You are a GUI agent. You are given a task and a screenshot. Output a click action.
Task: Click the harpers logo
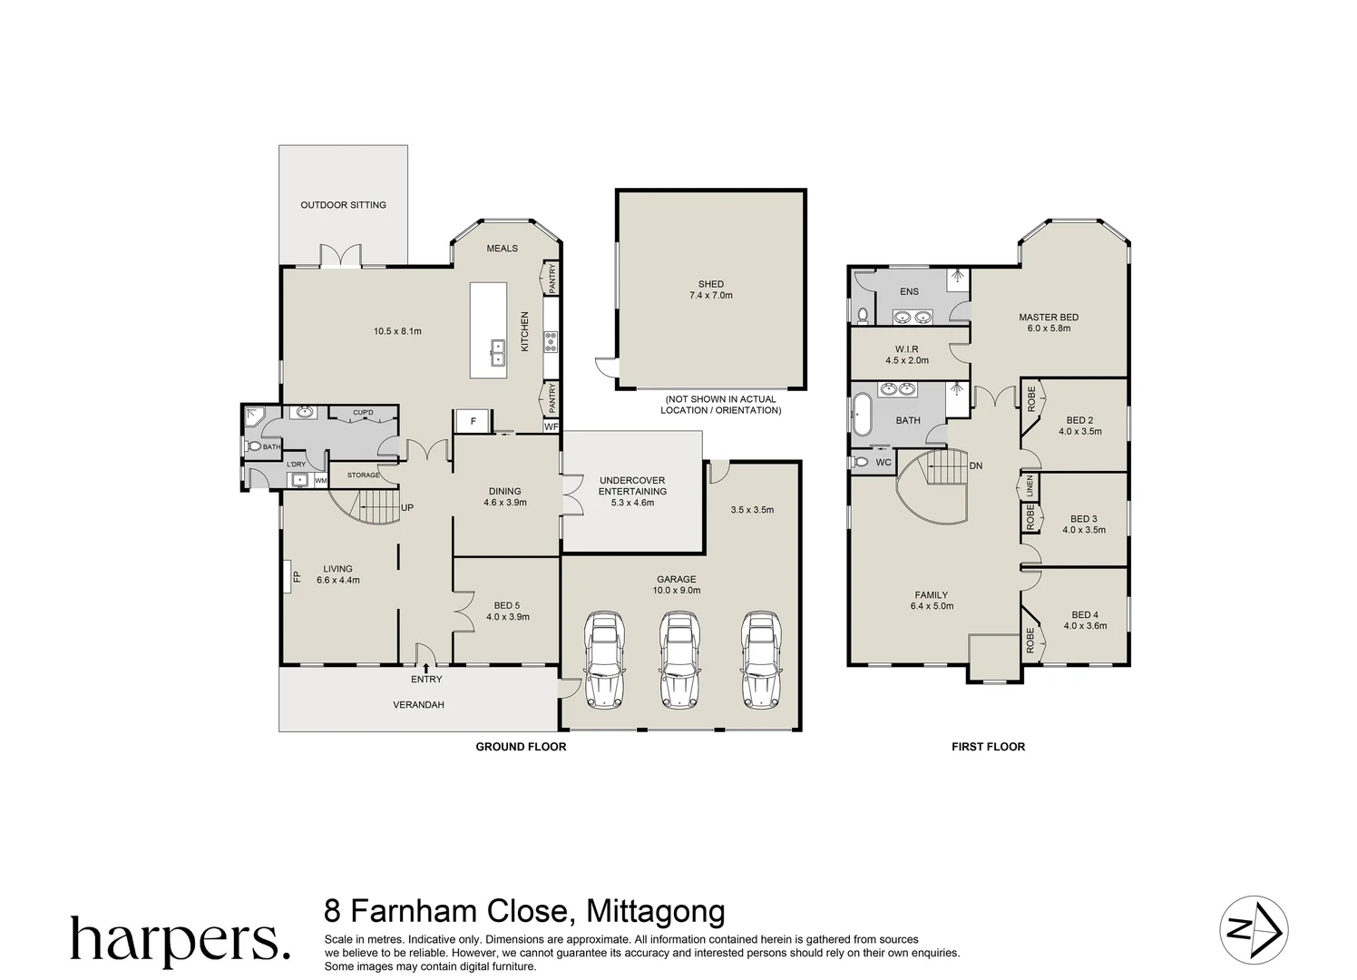180,939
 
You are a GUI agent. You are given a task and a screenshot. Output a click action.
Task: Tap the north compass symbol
1253,930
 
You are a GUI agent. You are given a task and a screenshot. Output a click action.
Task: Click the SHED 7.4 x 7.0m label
710,289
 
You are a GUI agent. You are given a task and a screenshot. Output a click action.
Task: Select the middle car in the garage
677,658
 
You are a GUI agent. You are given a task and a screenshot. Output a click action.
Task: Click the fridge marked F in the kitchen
473,422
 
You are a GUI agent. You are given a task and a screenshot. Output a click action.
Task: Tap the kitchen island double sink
498,352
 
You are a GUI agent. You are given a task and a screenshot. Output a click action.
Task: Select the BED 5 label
507,611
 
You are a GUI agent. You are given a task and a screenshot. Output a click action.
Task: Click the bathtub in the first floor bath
858,420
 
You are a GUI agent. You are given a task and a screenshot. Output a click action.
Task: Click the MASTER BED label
1049,322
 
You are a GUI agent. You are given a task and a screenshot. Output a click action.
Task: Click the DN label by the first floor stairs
975,466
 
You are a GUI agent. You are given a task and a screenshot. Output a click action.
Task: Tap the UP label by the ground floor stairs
407,508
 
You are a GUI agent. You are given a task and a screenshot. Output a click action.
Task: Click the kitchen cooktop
550,341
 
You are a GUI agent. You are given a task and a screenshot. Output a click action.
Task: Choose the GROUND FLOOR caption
521,747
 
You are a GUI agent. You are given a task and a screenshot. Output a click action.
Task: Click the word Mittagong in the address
657,910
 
